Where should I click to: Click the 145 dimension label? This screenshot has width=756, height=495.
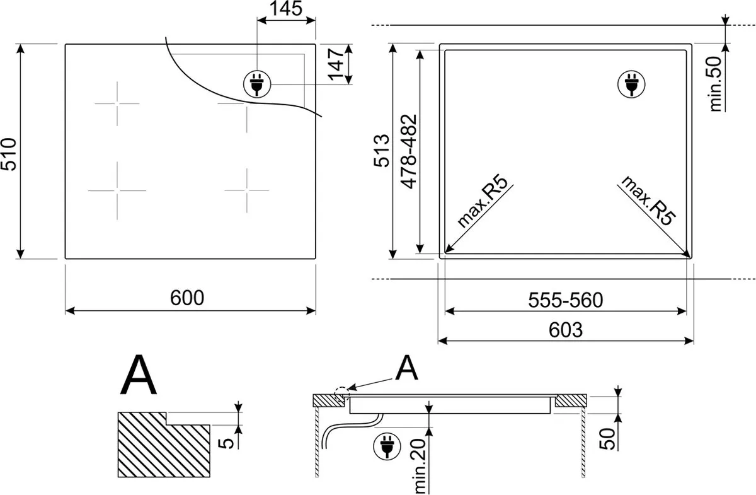286,8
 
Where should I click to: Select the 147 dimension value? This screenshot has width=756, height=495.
336,64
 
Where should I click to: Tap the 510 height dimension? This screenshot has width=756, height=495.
9,154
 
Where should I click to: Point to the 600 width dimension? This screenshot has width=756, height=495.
187,298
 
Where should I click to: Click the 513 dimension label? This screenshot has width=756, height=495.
382,151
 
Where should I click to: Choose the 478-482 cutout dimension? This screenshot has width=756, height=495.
409,152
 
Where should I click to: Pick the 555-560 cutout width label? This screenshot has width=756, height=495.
565,300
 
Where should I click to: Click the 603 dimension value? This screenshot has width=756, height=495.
566,330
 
